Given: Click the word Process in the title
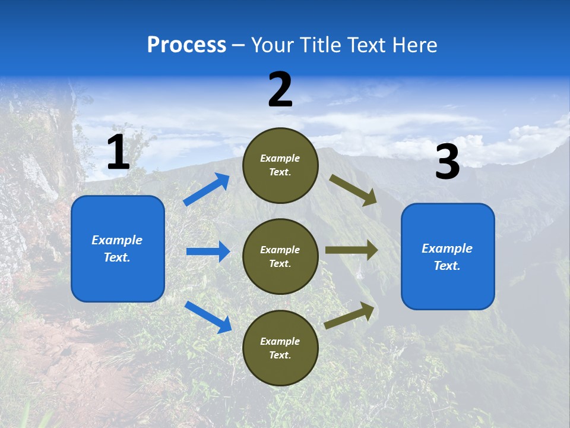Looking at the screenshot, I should (x=186, y=45).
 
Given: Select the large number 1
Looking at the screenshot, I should (x=118, y=153).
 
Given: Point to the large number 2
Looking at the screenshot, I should (x=280, y=90).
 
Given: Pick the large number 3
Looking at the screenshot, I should (x=447, y=162).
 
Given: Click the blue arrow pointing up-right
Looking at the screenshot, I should (x=207, y=190).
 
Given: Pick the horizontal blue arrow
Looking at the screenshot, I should (x=208, y=251).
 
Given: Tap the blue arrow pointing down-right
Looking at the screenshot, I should (x=208, y=316).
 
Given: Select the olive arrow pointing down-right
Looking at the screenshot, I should (x=353, y=190).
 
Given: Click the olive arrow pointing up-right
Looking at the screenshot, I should (x=350, y=316).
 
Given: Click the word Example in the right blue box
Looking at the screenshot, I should (x=447, y=248).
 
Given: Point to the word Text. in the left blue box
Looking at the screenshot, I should (x=117, y=257).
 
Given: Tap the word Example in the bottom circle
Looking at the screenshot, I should (x=280, y=341).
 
